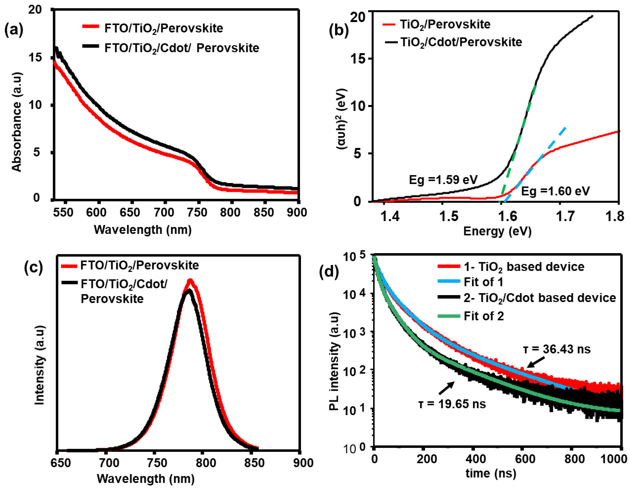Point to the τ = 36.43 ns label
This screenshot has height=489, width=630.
click(557, 349)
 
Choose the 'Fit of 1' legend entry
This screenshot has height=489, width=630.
click(483, 282)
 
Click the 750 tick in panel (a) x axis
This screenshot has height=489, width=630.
click(197, 212)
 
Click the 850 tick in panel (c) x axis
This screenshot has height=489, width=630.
click(255, 463)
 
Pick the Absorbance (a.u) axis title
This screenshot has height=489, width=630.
click(17, 122)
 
